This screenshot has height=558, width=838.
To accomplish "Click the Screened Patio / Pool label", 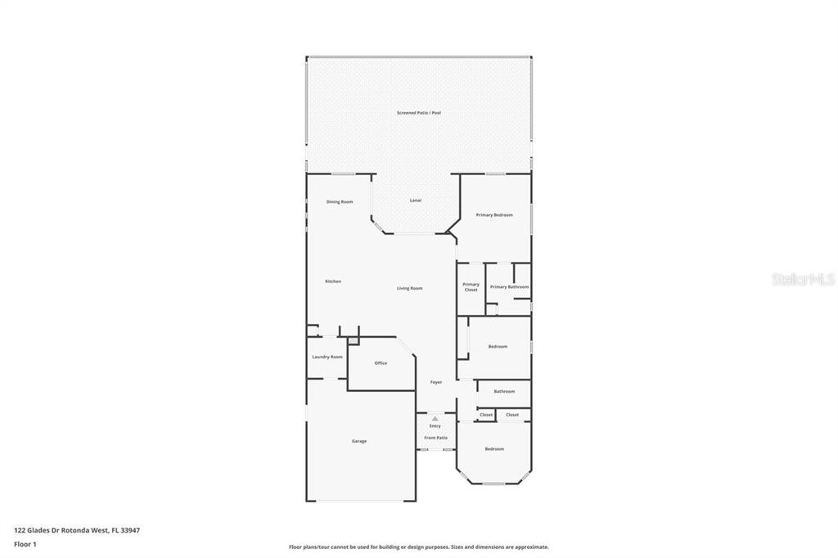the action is point(419,113).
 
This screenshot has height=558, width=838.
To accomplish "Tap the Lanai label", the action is point(415,200).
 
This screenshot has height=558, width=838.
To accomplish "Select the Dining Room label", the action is point(340,202).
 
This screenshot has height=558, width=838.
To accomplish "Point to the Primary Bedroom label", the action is point(494,215).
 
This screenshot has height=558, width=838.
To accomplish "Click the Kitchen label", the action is point(333,281).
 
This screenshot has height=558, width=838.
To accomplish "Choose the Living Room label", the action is point(409,288).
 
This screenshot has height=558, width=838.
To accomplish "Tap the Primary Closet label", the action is point(471,287).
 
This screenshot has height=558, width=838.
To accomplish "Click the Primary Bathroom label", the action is point(509,287).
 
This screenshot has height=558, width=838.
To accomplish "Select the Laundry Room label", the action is point(327,357).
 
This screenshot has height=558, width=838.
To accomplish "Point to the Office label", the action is point(381,363).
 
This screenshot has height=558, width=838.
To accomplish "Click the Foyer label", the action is point(436,382).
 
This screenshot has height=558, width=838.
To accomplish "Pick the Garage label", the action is point(359,442).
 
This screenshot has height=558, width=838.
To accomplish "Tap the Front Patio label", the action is point(435,438).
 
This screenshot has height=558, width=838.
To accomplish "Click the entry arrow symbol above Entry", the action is point(435,419).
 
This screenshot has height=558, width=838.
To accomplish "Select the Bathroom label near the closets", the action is point(504,392).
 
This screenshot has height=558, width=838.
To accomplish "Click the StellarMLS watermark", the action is point(804,279).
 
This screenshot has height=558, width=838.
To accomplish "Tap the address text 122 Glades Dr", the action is point(36,530).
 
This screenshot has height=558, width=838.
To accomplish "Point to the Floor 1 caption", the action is point(25,545).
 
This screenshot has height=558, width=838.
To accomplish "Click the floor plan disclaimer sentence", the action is point(418,547).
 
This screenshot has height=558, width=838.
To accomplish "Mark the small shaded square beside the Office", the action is point(354,340).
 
